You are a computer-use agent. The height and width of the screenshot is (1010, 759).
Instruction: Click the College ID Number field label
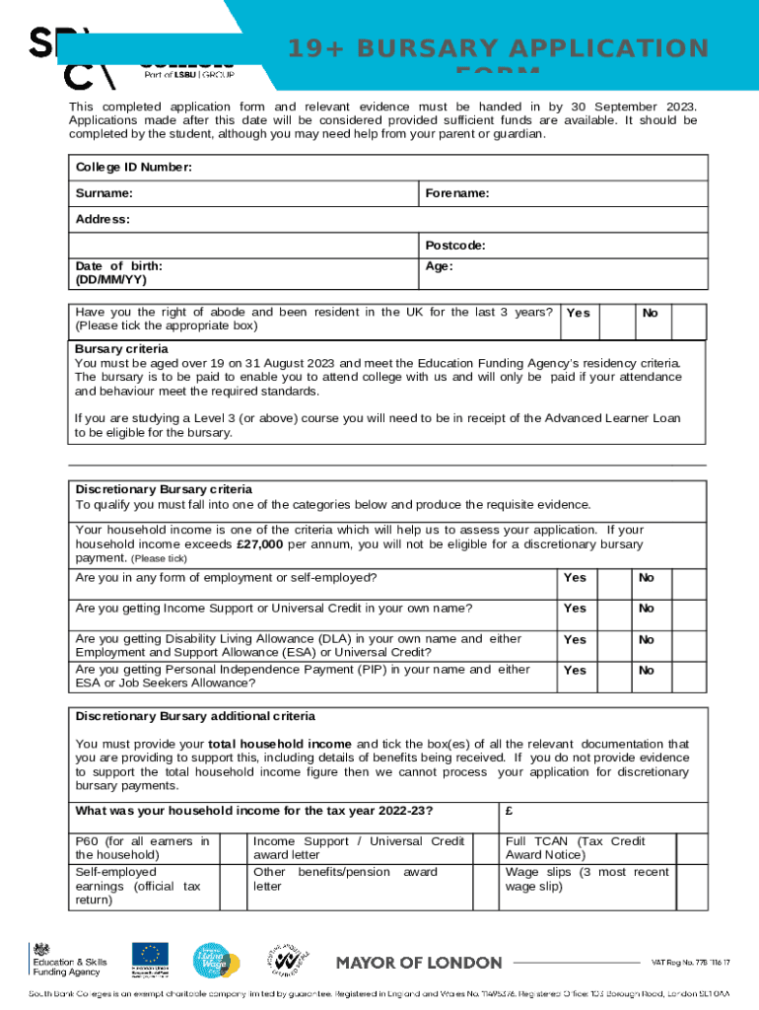coord(133,168)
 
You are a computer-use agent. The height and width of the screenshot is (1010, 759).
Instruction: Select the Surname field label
coord(104,193)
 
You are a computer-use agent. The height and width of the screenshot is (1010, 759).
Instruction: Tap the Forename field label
coord(457,193)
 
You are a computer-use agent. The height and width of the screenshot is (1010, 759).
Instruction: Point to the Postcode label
coord(454,245)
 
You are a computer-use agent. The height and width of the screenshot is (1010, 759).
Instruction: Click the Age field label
coord(439,266)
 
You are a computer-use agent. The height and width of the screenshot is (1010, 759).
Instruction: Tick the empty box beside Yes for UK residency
coord(615,320)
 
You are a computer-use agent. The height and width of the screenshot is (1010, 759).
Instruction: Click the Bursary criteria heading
coord(121,348)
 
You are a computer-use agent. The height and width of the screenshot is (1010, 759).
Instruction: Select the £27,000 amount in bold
coord(260,543)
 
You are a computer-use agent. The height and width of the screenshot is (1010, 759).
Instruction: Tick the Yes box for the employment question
coord(614,578)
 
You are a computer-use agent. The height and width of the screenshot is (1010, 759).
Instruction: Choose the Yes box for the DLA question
coord(614,639)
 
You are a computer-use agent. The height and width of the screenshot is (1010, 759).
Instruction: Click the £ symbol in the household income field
coord(509,812)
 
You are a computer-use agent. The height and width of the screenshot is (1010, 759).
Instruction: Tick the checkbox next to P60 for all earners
coord(233,848)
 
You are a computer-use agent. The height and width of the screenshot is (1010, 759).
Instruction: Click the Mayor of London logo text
coord(420,962)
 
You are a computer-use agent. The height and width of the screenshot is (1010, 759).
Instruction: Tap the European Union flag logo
coord(152,955)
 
